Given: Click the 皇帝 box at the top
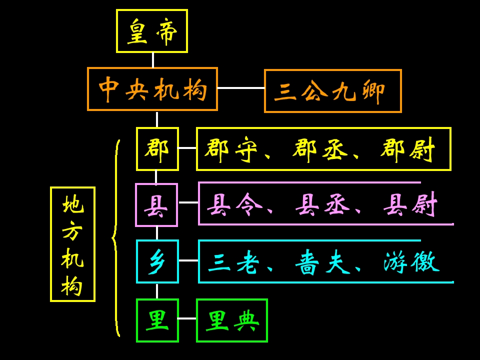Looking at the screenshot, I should tap(152, 31).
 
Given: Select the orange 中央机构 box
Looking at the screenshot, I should tap(152, 89).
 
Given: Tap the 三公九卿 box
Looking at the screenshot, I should tap(332, 91).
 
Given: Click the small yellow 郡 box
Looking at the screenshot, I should tap(157, 149).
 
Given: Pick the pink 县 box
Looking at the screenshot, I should tap(156, 205).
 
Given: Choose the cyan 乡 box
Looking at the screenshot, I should tap(157, 261).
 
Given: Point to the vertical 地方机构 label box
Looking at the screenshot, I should tap(72, 244).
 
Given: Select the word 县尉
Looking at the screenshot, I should tap(410, 204).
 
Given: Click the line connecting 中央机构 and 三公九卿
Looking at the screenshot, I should tap(240, 88).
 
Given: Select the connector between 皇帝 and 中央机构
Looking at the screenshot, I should tap(152, 60).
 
